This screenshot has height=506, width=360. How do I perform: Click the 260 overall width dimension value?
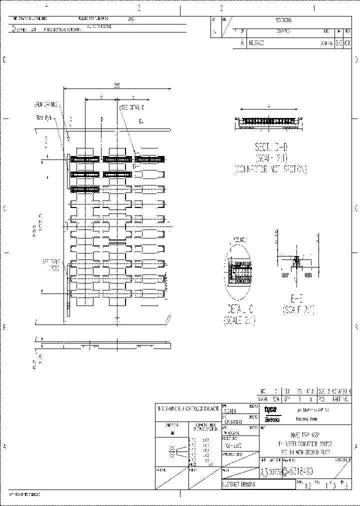[117, 86]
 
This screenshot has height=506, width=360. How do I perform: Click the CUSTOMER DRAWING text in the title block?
[239, 484]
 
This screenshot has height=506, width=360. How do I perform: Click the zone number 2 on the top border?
[221, 8]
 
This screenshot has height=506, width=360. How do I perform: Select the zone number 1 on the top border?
[314, 8]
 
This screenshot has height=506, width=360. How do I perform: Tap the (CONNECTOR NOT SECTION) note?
[270, 169]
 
